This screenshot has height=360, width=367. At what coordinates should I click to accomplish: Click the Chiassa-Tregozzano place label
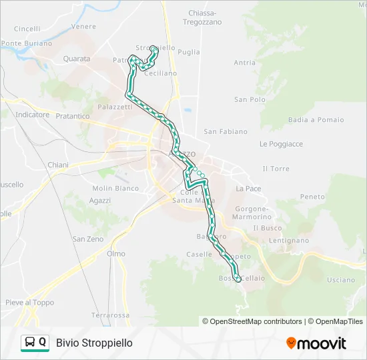click(202, 18)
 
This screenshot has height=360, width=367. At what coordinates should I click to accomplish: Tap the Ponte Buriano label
click(26, 43)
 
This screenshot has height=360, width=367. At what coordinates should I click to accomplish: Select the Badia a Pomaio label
click(316, 120)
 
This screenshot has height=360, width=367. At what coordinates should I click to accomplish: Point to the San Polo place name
click(250, 99)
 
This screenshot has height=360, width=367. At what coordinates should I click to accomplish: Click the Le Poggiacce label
click(281, 144)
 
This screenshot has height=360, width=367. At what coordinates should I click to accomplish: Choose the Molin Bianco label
click(115, 189)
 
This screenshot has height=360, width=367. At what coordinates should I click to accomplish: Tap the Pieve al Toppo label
click(30, 303)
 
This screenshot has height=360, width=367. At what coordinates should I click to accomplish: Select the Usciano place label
click(341, 280)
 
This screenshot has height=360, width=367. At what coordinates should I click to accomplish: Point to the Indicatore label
click(33, 115)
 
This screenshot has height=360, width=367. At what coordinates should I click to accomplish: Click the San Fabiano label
click(226, 132)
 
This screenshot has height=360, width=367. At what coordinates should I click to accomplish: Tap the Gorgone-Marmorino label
click(252, 213)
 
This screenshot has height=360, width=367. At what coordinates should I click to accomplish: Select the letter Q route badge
click(43, 343)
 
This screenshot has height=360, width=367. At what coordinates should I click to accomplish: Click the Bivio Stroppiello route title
click(94, 343)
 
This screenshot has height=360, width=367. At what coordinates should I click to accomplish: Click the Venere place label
click(83, 27)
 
